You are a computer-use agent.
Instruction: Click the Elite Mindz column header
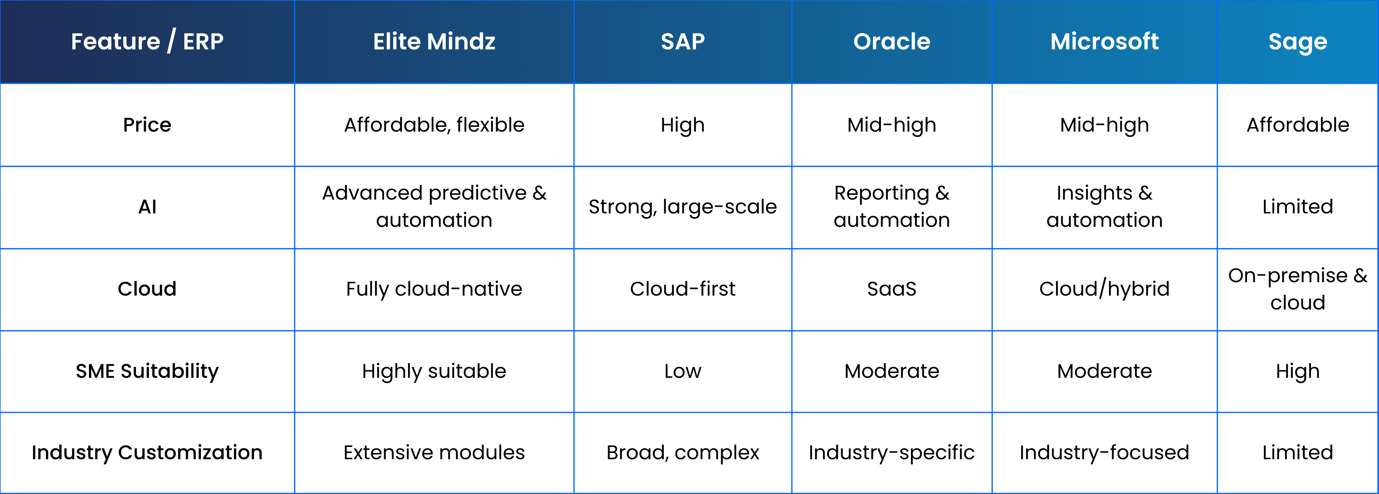pos(434,42)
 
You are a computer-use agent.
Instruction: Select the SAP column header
pos(682,42)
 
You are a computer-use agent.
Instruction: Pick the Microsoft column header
pos(1104,42)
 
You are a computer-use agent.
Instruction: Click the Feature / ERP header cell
pos(147,42)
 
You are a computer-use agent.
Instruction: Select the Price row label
pos(147,125)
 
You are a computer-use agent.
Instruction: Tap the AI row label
pos(147,207)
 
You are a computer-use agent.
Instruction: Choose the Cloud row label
pos(147,289)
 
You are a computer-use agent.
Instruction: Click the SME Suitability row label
pos(147,371)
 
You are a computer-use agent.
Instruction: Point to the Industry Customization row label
pos(147,453)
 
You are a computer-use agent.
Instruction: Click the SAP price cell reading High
pos(682,125)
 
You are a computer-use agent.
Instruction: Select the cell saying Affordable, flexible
pos(434,125)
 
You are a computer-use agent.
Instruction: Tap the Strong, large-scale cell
pos(682,207)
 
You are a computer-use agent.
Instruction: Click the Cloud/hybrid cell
pos(1104,289)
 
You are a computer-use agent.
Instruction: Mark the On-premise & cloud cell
pos(1298,289)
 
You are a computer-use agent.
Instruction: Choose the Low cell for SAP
pos(682,371)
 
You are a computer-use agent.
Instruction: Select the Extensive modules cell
pos(434,453)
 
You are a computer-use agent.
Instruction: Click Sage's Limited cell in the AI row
pos(1298,207)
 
